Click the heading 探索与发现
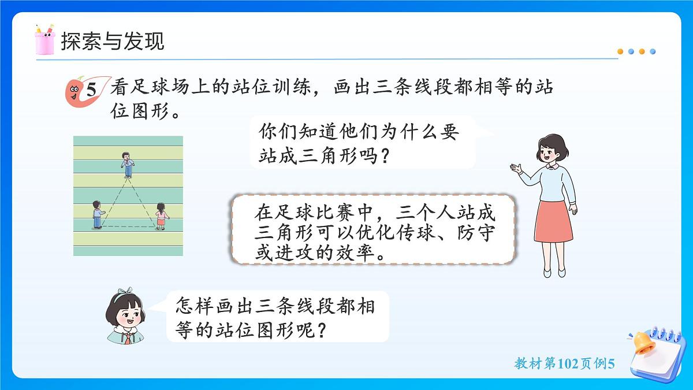[112, 41]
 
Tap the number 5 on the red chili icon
[91, 90]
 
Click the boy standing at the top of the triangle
[126, 164]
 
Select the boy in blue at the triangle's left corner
[97, 214]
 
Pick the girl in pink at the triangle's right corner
[161, 216]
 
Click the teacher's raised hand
[516, 168]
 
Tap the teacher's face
[550, 153]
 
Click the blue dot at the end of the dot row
[653, 51]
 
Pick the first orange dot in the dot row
[621, 51]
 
